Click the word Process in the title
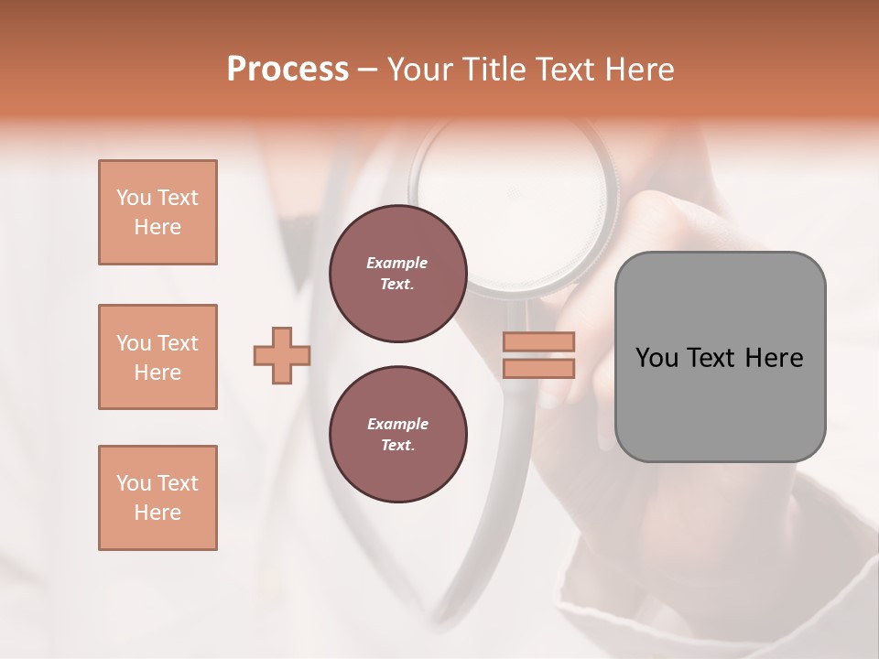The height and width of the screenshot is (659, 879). [x=288, y=70]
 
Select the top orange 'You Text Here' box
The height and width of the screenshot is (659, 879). [x=157, y=212]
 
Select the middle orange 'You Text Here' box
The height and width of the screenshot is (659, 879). [x=157, y=357]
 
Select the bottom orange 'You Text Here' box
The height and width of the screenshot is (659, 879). [x=157, y=498]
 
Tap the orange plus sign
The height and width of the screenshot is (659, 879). [x=282, y=356]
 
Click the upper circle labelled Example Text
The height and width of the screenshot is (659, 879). [x=397, y=274]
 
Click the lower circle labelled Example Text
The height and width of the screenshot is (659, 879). [x=397, y=435]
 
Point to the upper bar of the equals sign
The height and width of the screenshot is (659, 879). [x=539, y=342]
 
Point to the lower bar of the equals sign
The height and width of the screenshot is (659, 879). [x=539, y=368]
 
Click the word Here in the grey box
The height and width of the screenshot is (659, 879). [x=774, y=358]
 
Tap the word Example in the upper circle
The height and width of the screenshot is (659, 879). [x=397, y=263]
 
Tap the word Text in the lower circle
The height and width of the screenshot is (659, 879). [x=396, y=446]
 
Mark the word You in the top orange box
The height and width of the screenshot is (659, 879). [x=133, y=198]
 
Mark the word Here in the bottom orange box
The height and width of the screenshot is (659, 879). [x=157, y=513]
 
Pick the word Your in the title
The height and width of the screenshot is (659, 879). [x=418, y=70]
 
